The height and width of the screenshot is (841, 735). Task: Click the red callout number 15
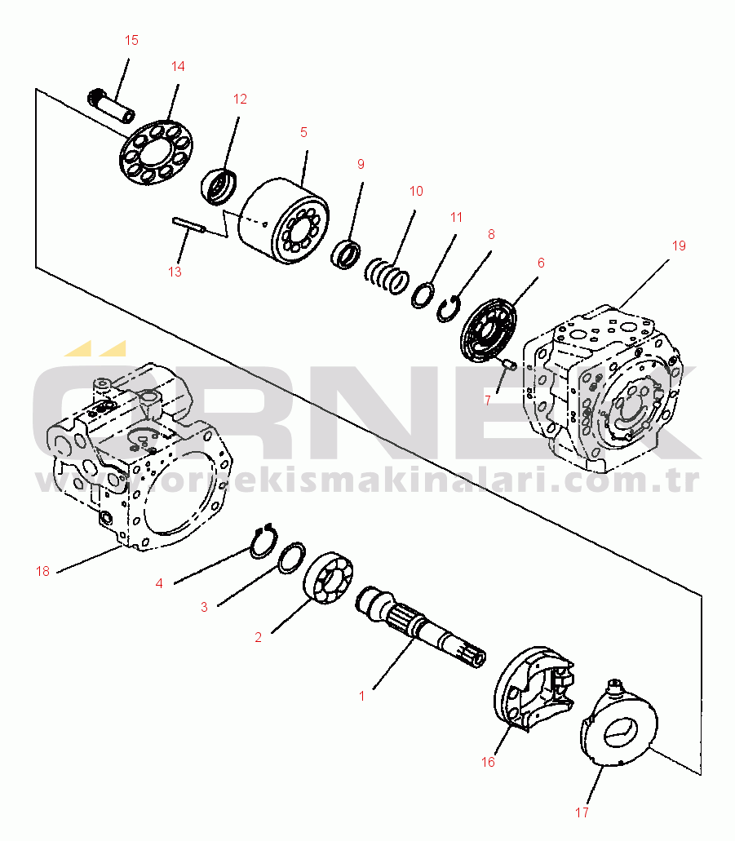(x=131, y=40)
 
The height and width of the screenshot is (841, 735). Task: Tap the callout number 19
(x=679, y=246)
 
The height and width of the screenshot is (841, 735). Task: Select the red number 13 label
(x=175, y=272)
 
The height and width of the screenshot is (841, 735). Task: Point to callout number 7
(x=487, y=401)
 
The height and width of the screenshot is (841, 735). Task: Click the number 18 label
(x=43, y=571)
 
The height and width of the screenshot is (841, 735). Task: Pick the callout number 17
(x=582, y=812)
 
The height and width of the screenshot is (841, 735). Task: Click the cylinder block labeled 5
(x=284, y=221)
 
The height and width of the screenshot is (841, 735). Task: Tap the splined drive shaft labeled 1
(x=421, y=627)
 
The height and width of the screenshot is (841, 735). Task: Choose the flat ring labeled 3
(x=292, y=558)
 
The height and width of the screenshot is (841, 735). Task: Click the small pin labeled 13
(x=188, y=225)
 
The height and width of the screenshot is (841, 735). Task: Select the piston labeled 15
(x=110, y=106)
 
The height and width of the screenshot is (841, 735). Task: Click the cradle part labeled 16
(x=534, y=688)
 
